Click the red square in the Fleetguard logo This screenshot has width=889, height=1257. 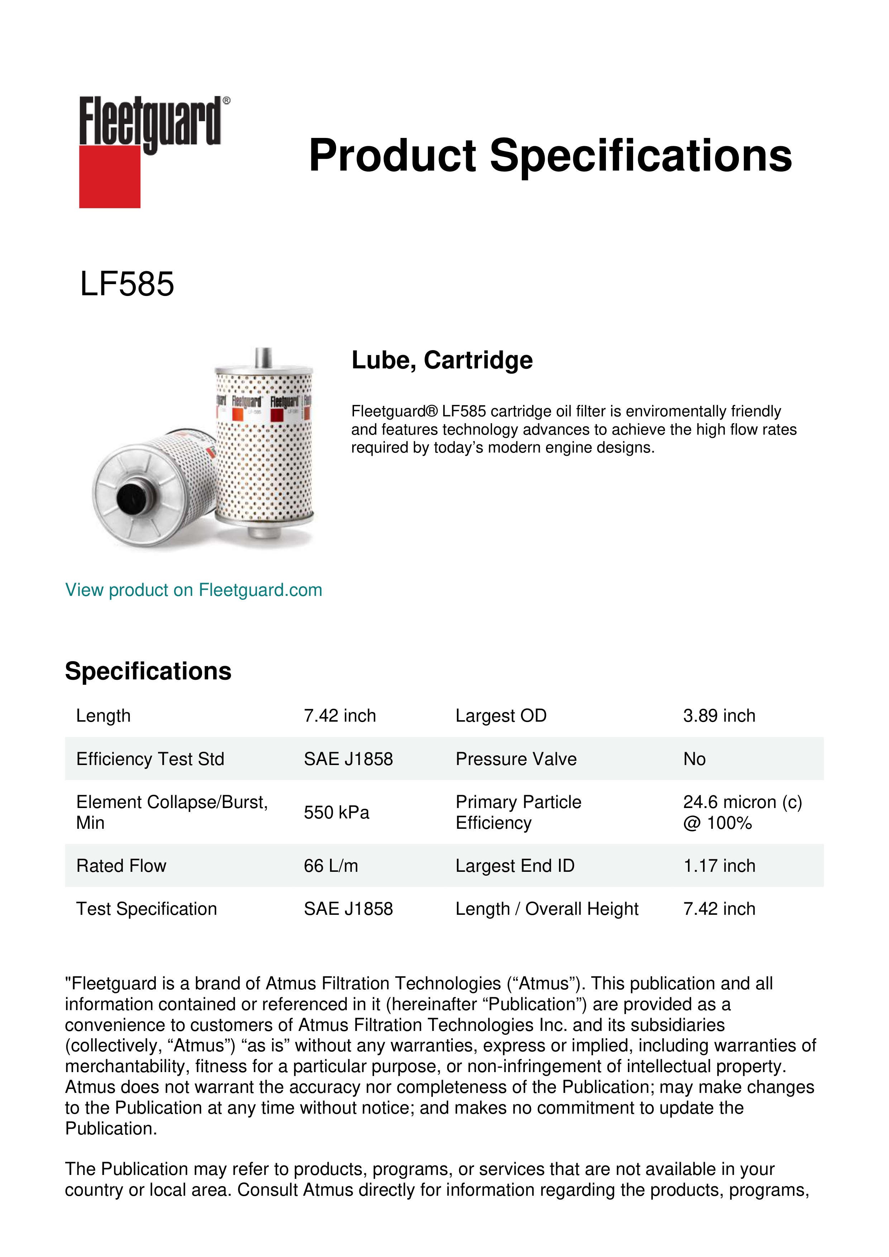110,176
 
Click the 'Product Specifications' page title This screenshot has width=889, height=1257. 550,156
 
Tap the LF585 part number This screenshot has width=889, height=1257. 127,284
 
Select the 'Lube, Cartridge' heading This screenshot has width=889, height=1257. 442,360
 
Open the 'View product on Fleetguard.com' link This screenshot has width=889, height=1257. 193,590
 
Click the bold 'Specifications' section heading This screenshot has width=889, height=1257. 148,671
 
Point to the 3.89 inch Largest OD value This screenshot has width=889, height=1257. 719,716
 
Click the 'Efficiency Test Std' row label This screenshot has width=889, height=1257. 150,759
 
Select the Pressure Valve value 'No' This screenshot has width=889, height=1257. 694,759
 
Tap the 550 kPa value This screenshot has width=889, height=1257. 336,812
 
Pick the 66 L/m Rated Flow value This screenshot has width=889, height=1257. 331,866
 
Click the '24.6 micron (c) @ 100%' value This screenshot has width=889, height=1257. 742,812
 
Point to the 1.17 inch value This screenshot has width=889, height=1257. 719,866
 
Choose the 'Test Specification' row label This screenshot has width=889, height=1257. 146,909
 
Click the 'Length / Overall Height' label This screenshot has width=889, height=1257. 546,909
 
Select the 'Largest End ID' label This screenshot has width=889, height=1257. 515,866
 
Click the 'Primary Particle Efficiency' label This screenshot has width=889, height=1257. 518,812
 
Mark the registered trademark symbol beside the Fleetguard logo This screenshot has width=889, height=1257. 226,101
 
